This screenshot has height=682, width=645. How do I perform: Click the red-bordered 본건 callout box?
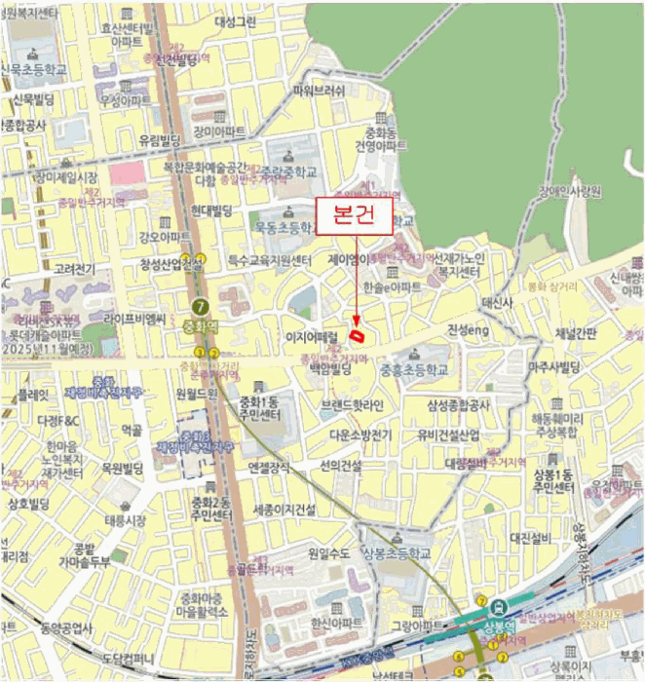pos(356,217)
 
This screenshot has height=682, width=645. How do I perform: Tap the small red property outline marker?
pos(359,336)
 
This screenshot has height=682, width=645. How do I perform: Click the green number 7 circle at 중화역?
pos(201,303)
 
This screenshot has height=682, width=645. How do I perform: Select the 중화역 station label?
pos(200,325)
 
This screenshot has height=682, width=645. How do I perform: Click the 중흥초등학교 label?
pos(414,370)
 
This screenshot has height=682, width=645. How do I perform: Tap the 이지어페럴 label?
pos(311,336)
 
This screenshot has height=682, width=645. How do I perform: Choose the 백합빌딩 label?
pos(329,370)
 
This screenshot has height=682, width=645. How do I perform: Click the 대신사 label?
pos(497,303)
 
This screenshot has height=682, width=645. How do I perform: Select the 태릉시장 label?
pos(126,520)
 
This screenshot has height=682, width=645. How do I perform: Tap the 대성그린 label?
pos(236,20)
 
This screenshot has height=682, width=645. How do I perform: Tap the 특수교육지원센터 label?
pos(269,260)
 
